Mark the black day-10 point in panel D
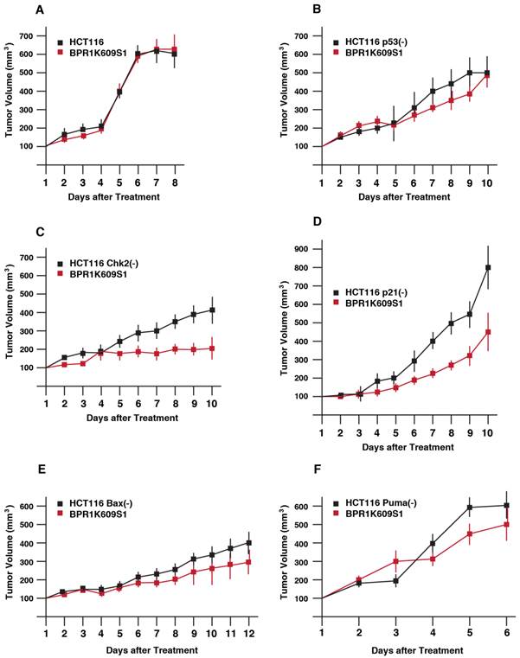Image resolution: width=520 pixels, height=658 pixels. (488, 268)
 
